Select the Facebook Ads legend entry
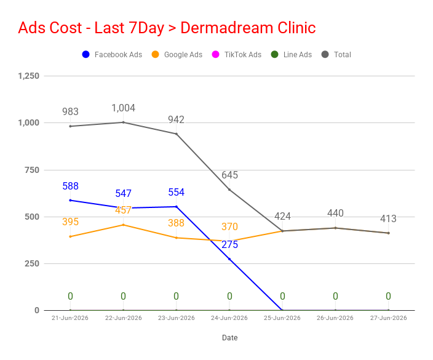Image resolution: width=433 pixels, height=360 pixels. coord(112,54)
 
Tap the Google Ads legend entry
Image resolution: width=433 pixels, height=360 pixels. coord(177,54)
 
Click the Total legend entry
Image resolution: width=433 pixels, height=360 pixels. coord(336,54)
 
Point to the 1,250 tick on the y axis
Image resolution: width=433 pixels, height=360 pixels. coord(29,76)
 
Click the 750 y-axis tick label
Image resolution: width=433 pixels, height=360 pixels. coord(32,170)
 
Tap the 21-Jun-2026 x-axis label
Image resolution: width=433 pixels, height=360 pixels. coord(70,318)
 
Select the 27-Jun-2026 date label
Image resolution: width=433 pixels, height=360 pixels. coord(389,318)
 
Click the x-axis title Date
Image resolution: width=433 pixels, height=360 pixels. coord(230,338)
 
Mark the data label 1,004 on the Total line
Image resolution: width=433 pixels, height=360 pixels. coord(123,108)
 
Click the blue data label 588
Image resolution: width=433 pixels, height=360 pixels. coord(70,186)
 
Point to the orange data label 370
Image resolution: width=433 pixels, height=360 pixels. coord(229,226)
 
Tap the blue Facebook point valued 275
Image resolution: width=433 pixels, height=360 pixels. coord(229,259)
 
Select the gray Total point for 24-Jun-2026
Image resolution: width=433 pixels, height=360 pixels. coord(229,190)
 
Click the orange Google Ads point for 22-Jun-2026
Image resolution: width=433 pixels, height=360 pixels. coord(123,225)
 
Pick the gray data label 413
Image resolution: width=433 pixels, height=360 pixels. coord(388,218)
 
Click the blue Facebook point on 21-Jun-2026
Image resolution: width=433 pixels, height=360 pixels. coord(70,200)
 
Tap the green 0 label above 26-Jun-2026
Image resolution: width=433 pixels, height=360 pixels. coord(335,296)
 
